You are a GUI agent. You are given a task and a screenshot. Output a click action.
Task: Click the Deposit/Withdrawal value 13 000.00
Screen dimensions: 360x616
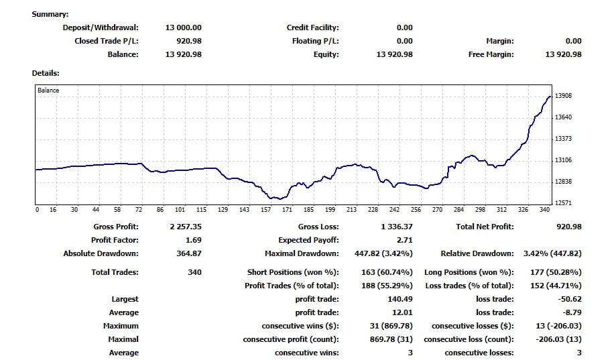click(x=183, y=27)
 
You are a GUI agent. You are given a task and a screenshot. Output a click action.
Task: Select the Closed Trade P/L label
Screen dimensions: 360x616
click(x=106, y=41)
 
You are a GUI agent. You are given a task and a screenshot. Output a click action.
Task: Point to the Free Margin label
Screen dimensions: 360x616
click(x=491, y=54)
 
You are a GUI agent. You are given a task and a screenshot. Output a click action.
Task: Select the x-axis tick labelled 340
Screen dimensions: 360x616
click(x=544, y=210)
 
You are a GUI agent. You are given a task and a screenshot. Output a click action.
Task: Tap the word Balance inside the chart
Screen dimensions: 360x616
click(x=48, y=91)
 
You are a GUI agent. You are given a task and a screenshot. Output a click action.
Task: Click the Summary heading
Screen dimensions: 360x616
click(x=50, y=14)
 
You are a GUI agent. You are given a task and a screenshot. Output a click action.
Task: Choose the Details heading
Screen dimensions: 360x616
click(x=46, y=73)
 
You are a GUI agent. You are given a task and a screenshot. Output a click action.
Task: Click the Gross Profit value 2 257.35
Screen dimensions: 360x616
click(x=186, y=227)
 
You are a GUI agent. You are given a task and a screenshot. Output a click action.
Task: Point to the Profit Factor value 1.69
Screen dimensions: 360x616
click(x=192, y=240)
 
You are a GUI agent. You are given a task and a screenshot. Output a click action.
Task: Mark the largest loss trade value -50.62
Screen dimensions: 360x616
click(x=569, y=299)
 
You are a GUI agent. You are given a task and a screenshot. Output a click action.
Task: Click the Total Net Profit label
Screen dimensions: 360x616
click(x=485, y=227)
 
